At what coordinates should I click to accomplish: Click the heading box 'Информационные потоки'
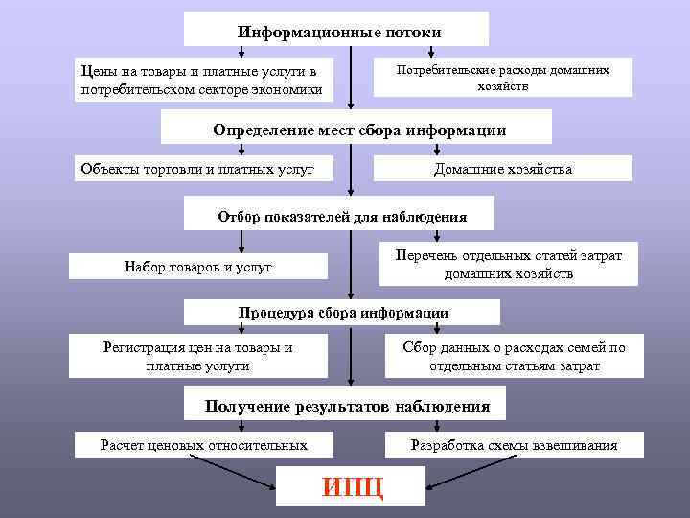336,30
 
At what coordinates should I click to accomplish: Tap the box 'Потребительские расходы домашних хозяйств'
502,77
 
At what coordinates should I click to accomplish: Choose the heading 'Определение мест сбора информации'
357,129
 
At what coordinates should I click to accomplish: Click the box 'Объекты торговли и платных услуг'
195,169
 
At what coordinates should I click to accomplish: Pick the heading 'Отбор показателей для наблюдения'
342,215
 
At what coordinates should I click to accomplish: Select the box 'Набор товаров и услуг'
198,266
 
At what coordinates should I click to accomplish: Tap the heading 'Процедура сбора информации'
343,313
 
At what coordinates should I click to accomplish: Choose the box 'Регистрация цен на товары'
197,356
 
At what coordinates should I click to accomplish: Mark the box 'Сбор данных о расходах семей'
514,356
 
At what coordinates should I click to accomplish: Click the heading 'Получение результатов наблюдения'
347,406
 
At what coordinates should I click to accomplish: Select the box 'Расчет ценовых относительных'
204,444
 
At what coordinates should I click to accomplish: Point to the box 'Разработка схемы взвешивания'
514,444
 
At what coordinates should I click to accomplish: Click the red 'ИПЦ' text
353,485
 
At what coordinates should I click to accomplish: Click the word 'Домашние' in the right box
464,169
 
